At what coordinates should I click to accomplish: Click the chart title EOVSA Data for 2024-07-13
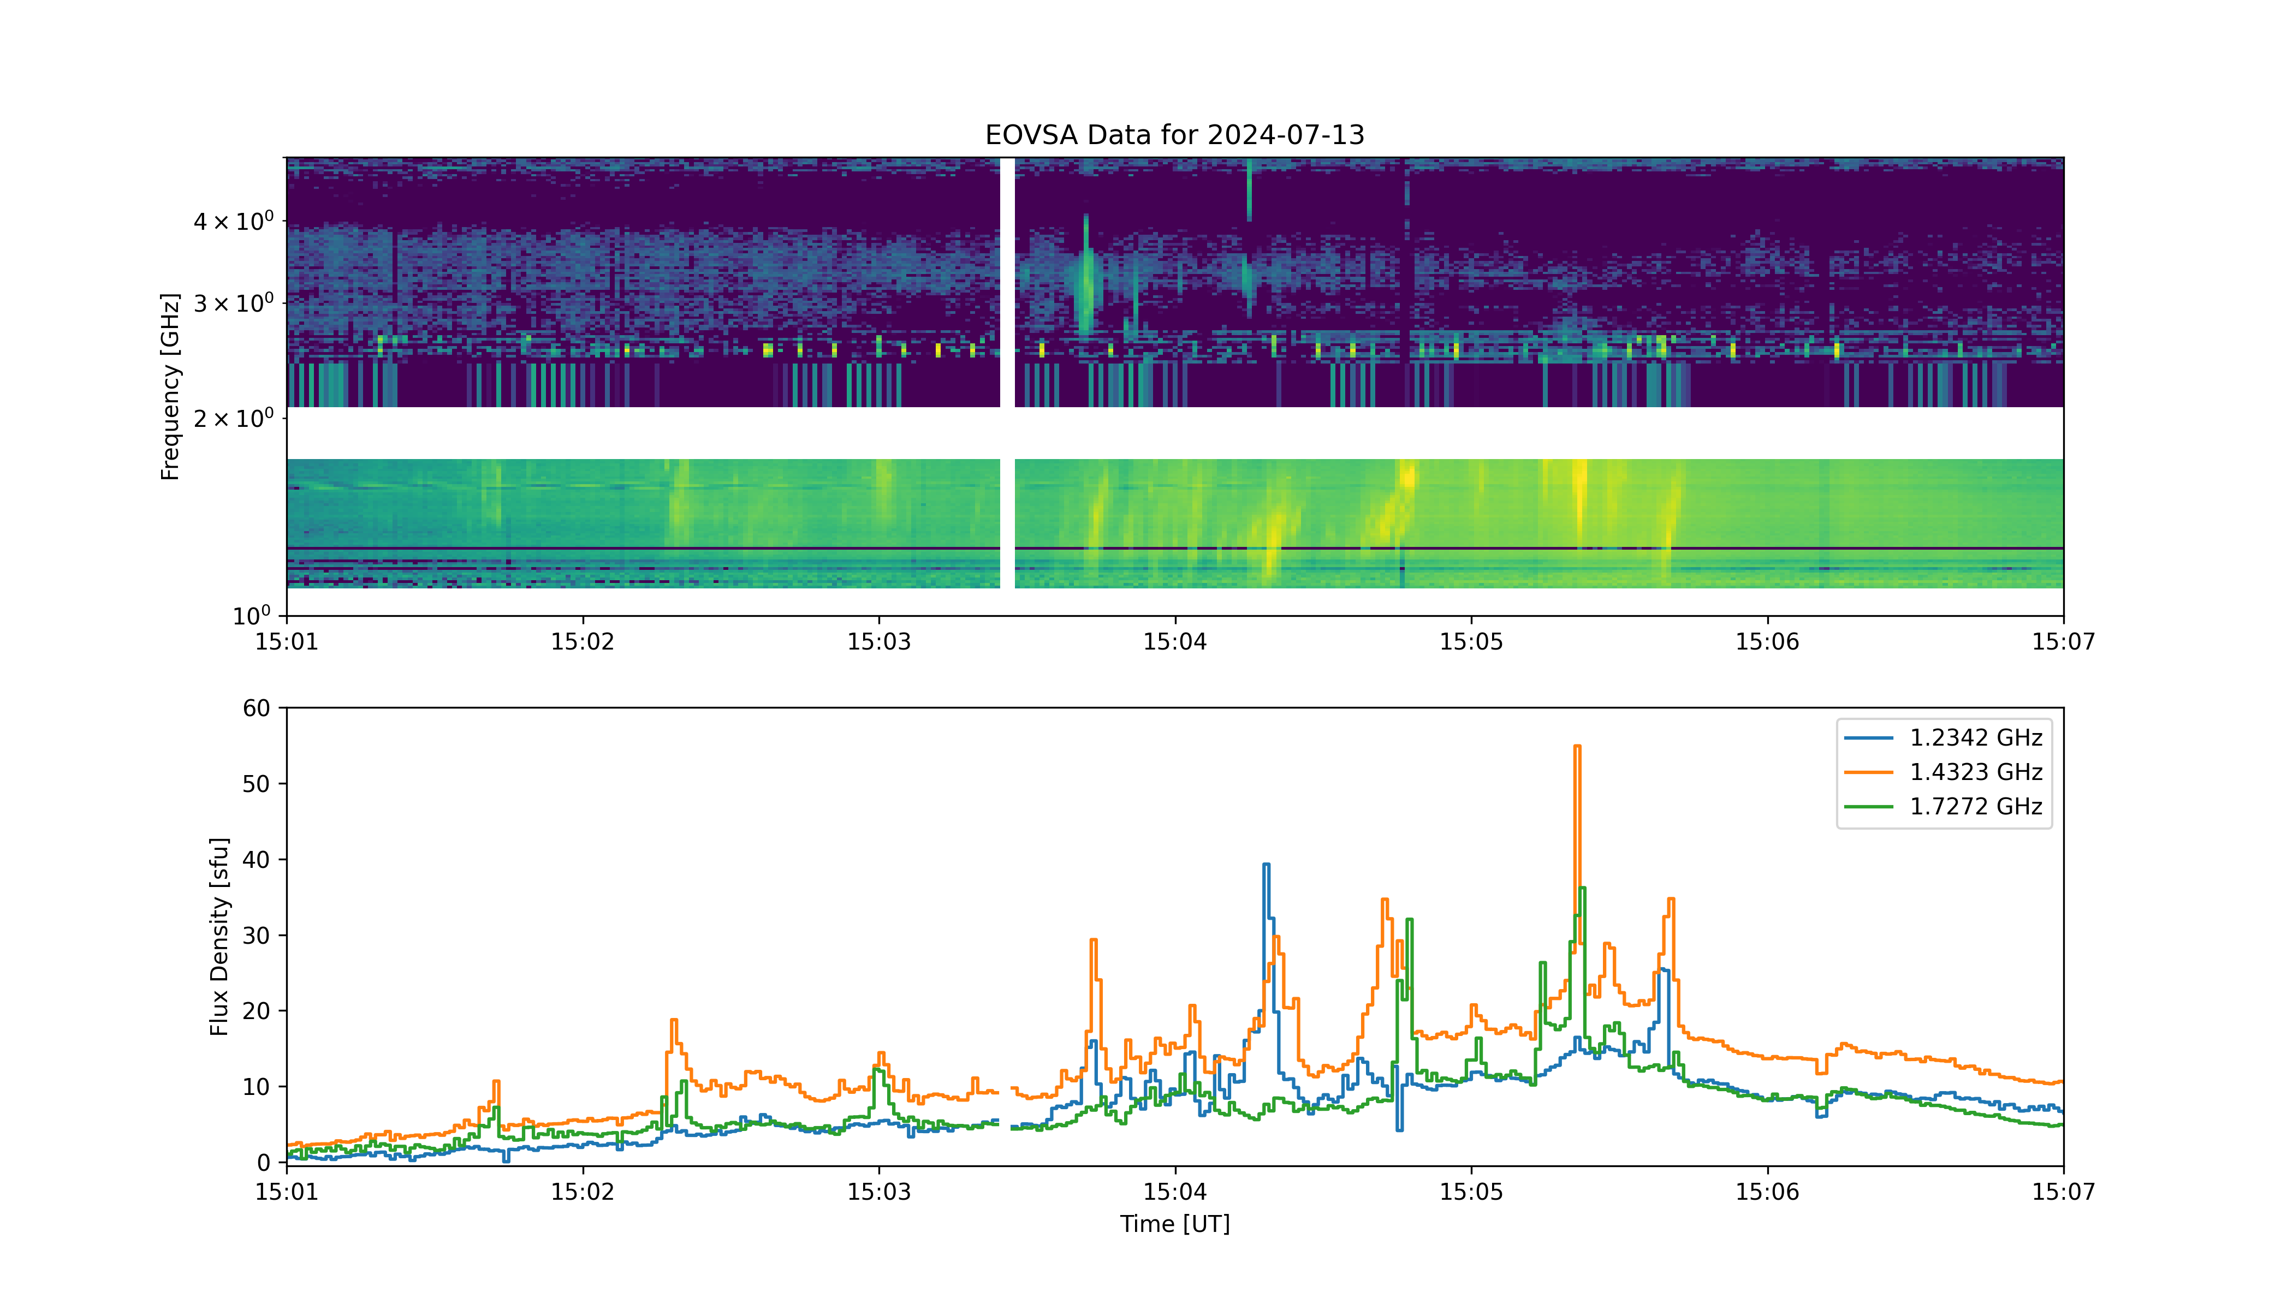1174,135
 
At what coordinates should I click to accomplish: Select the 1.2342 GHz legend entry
1943,738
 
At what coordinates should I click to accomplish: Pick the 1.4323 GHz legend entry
1943,772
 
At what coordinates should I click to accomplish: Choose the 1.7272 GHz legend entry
1943,806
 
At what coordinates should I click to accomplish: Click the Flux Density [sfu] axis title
219,937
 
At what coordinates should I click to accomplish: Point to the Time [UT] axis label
1174,1224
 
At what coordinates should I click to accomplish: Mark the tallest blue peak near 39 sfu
1266,865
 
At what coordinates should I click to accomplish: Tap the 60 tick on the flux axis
256,708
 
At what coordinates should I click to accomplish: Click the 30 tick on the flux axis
256,936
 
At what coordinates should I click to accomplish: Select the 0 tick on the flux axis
263,1163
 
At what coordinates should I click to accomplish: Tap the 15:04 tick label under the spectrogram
1174,641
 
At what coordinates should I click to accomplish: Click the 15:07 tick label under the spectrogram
2063,641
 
